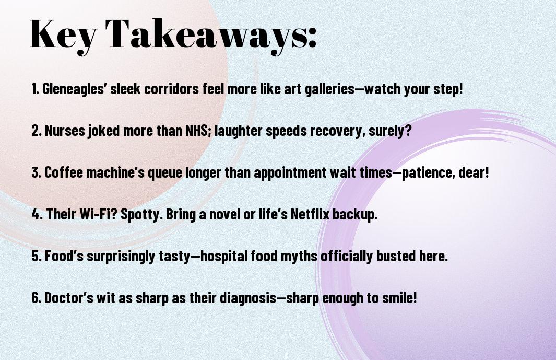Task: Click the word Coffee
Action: click(64, 172)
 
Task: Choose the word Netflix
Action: click(310, 214)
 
